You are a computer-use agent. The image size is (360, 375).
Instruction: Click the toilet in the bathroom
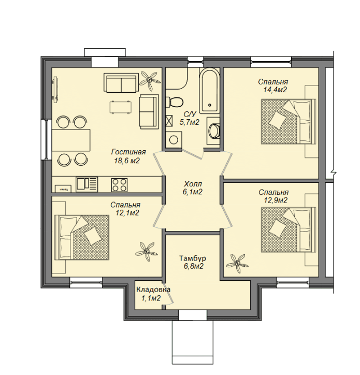[175, 102]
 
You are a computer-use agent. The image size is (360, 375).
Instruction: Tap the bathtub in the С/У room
[210, 91]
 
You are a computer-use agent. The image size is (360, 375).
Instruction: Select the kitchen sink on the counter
[87, 184]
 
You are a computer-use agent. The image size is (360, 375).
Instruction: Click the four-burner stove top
[119, 185]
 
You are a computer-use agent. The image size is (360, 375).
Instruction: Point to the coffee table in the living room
[121, 107]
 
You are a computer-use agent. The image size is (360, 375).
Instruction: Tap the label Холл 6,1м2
[193, 187]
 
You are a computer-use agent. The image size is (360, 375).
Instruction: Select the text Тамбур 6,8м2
[193, 262]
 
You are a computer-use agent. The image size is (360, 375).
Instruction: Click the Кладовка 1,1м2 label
[153, 294]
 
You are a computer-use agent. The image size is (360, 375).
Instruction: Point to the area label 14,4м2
[275, 90]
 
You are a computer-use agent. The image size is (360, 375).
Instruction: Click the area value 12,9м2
[276, 200]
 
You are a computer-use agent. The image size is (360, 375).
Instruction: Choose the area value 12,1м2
[127, 212]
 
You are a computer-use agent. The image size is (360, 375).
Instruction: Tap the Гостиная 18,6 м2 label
[128, 156]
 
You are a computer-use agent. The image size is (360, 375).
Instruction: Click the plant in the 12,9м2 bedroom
[237, 263]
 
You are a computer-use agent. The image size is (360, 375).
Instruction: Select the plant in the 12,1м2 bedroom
[147, 251]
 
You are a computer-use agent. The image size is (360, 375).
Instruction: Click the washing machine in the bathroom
[174, 139]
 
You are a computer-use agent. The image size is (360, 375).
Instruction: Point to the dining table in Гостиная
[71, 140]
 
